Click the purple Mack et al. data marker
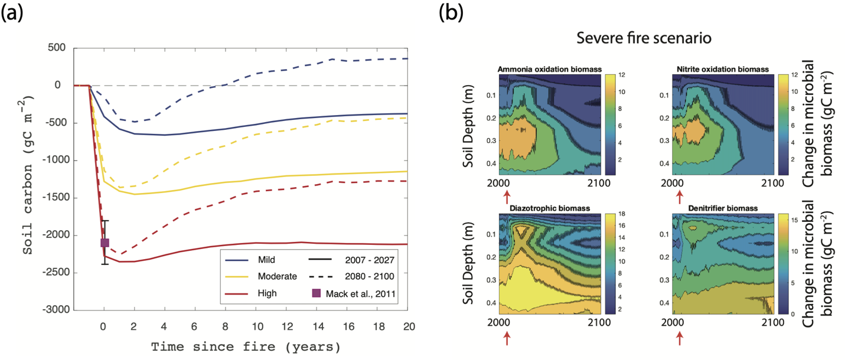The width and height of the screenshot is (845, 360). coord(105,243)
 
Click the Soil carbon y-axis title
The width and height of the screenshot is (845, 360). coord(28,179)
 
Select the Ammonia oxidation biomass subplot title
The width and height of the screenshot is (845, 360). coord(550,70)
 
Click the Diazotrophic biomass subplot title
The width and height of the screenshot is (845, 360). coord(550,208)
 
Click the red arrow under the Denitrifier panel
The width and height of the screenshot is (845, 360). coord(680,338)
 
